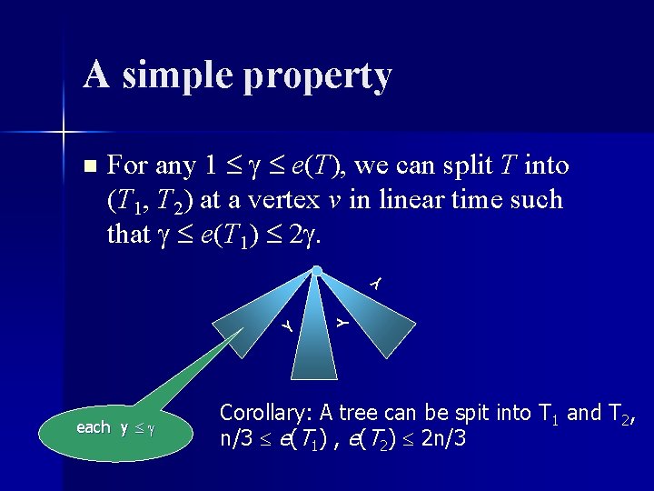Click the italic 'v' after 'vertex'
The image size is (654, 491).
pos(334,200)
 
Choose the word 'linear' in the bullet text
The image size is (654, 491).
pos(400,200)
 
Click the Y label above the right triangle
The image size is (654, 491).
pos(376,284)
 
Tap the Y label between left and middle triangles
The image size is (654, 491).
pos(286,324)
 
